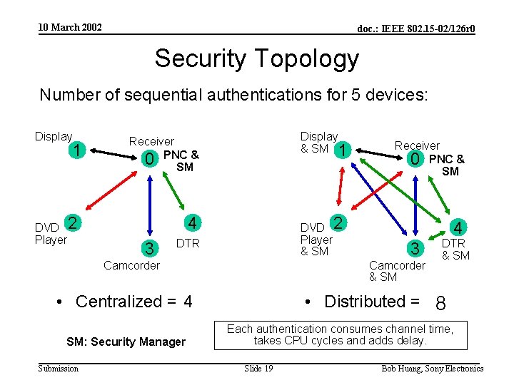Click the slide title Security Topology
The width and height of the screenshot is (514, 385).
point(256,58)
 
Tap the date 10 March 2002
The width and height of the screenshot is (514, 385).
point(70,28)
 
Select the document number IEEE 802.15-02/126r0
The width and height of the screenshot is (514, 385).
point(416,29)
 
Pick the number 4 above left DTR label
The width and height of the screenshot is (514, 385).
point(191,223)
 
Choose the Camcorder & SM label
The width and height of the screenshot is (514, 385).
point(396,271)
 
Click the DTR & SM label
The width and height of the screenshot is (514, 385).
point(455,250)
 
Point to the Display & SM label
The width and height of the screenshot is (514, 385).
point(318,142)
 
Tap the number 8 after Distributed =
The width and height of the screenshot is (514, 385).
point(440,304)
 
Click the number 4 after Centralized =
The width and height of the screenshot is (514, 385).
point(188,302)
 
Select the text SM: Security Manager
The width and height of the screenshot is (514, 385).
point(126,342)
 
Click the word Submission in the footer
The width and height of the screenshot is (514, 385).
point(59,368)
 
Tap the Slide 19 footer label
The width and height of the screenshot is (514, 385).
point(258,368)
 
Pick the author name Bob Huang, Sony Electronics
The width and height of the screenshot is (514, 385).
point(433,368)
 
